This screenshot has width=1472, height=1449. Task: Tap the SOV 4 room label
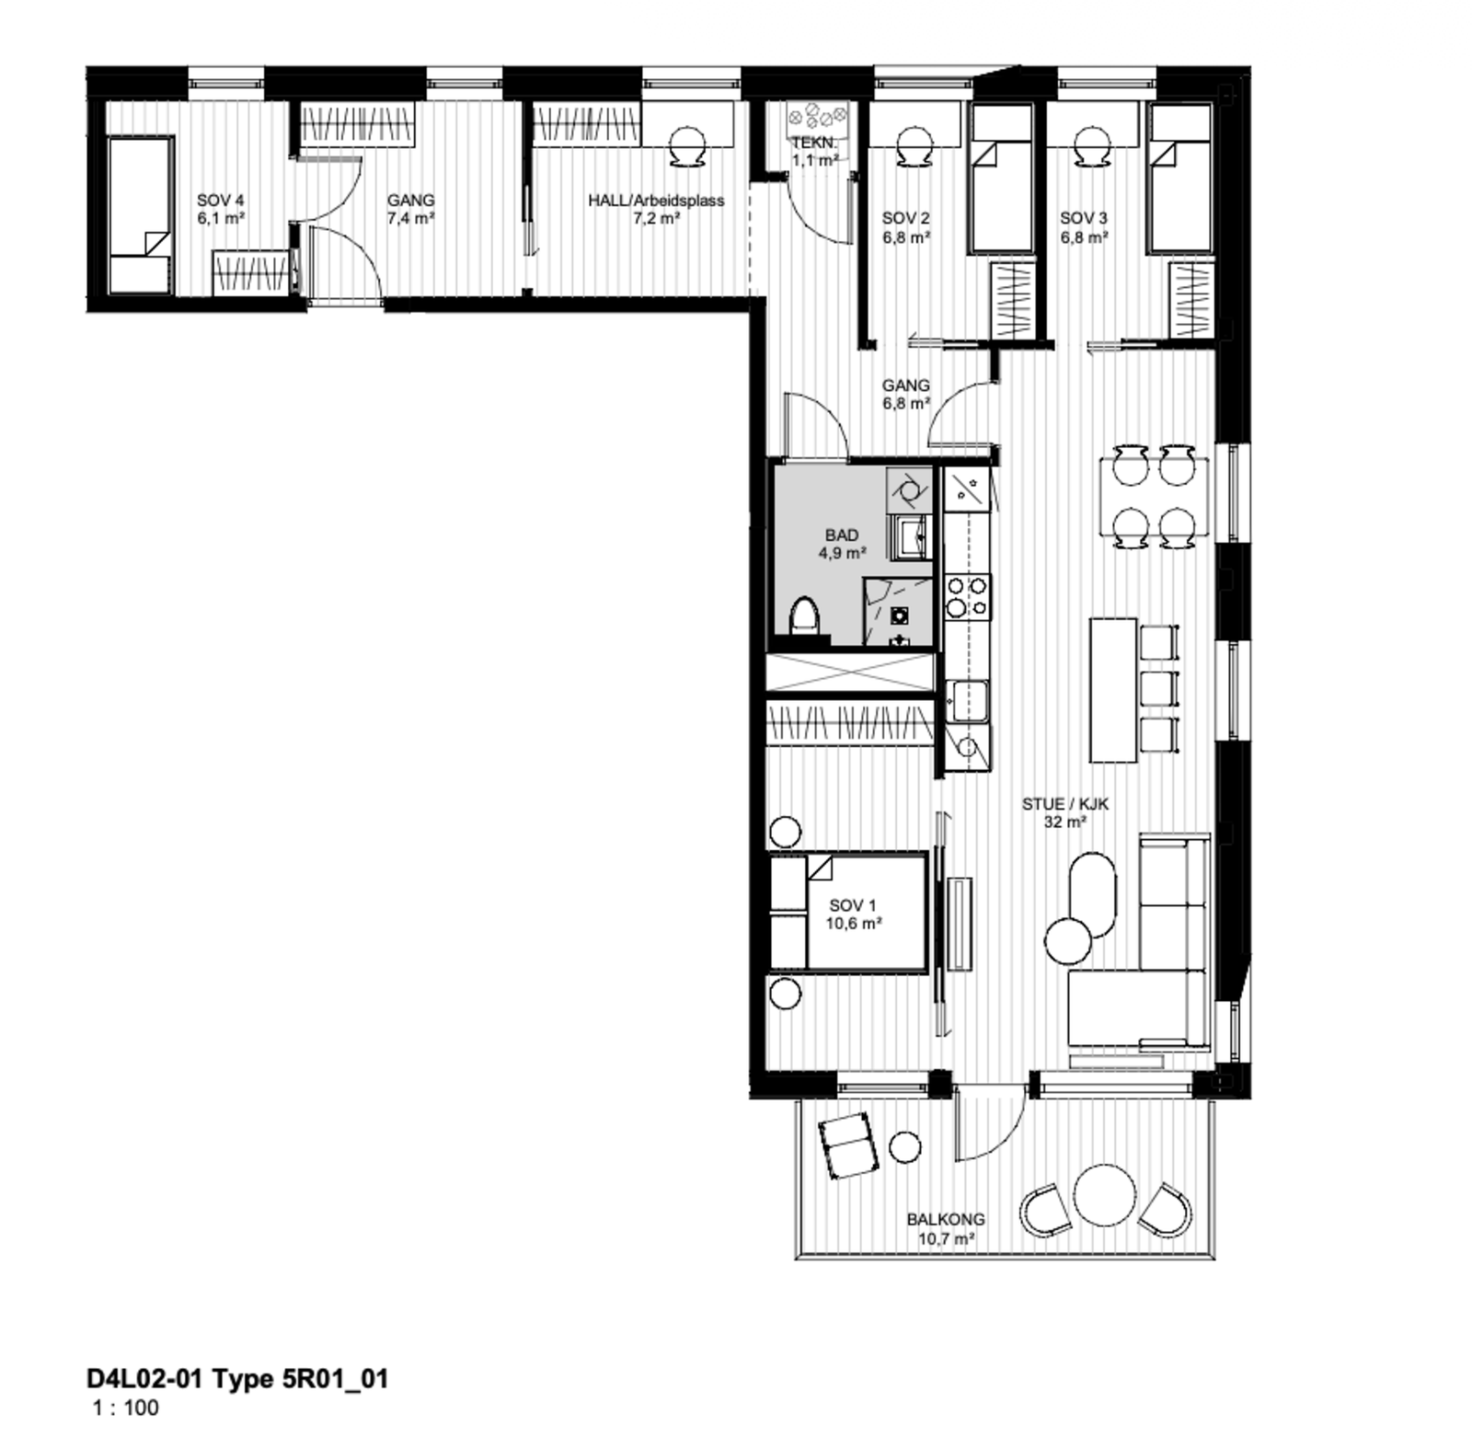pos(220,201)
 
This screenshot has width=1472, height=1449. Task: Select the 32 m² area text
pos(1064,822)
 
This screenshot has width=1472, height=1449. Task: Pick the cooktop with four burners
pos(968,595)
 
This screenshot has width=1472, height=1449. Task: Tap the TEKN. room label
pos(814,144)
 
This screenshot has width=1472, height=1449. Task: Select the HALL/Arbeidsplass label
pos(656,201)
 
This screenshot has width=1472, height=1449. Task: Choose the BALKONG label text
pos(945,1219)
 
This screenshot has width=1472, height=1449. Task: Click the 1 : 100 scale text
pos(125,1408)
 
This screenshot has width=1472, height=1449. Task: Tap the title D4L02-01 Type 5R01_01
pos(237,1378)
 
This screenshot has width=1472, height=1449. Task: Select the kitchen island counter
pos(1112,690)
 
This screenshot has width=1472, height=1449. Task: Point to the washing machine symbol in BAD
pos(909,489)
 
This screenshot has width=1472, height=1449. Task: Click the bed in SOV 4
pos(141,215)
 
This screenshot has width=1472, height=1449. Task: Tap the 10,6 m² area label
pos(853,924)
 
